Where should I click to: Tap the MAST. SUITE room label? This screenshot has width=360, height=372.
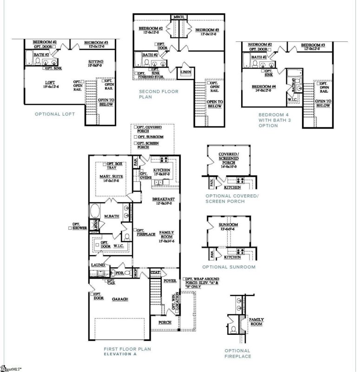click(111, 177)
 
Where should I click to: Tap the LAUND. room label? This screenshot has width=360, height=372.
click(98, 265)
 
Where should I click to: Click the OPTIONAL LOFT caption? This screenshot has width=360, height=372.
click(54, 113)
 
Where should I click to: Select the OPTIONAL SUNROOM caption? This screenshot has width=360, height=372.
click(229, 267)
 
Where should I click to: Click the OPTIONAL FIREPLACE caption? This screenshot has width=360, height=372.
click(237, 353)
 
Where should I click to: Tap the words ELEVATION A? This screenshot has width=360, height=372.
click(120, 354)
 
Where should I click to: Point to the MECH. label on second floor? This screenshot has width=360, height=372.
click(179, 17)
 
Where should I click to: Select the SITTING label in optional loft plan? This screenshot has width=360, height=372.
click(96, 62)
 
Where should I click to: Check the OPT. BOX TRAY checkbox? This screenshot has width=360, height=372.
click(105, 164)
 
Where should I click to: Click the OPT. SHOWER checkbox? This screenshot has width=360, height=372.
click(70, 228)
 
